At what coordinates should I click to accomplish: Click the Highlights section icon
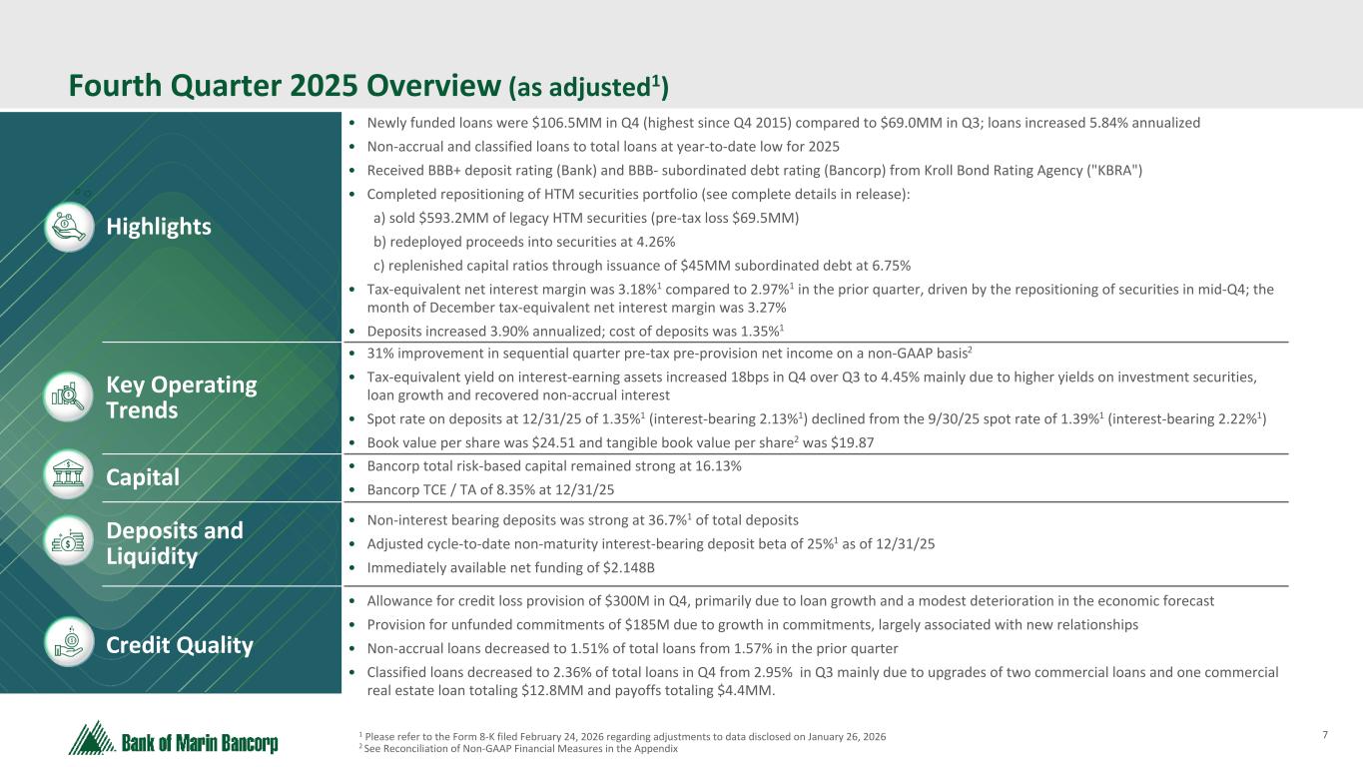[x=68, y=227]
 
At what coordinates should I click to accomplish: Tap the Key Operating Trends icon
[x=68, y=397]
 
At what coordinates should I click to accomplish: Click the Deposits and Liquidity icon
[x=68, y=542]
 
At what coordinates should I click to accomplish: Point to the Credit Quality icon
[x=68, y=644]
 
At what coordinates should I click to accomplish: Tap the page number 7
[x=1325, y=736]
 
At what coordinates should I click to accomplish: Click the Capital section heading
[x=143, y=478]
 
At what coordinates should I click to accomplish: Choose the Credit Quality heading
[x=180, y=645]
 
